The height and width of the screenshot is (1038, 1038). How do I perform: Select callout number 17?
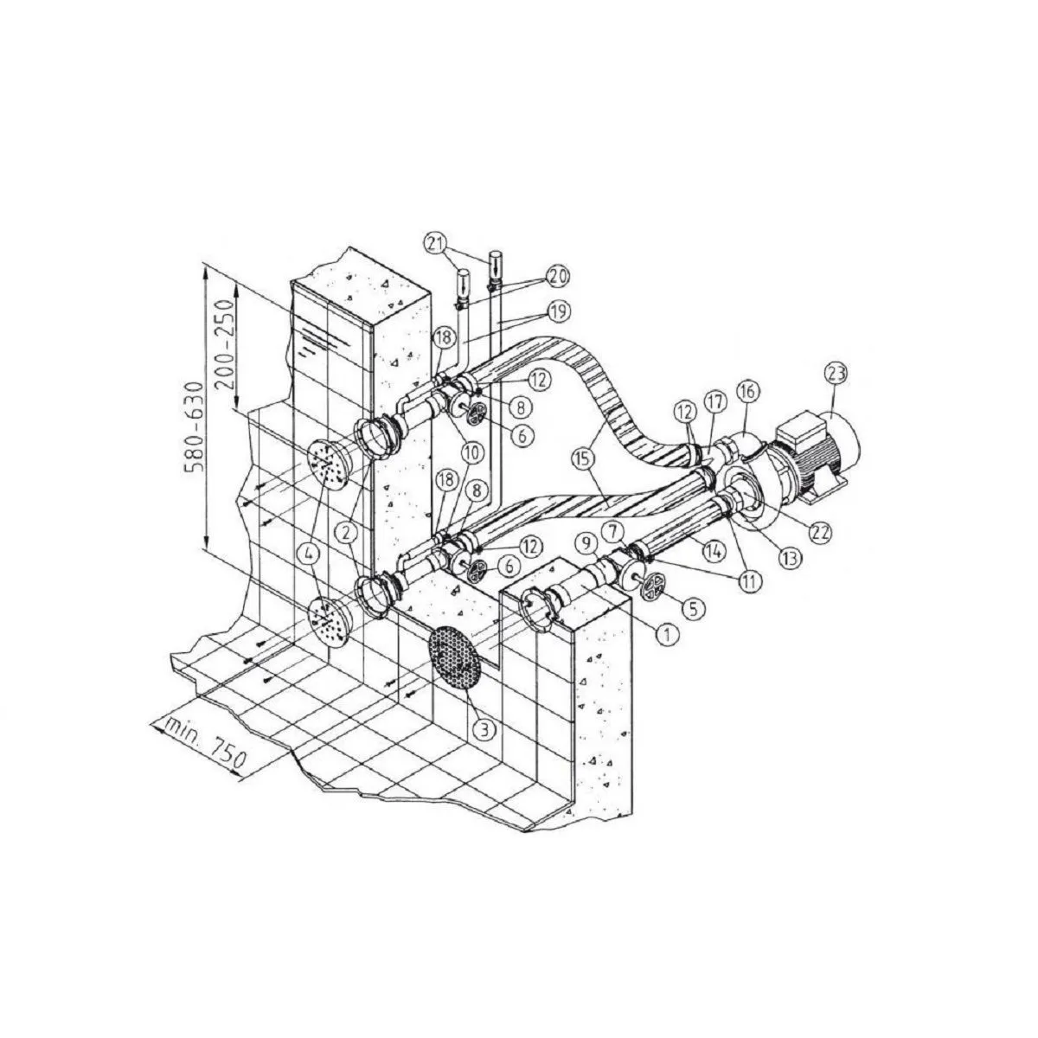(x=717, y=403)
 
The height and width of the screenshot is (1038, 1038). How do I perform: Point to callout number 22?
(x=820, y=532)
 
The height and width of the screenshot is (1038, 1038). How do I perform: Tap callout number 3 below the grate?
(x=484, y=729)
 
